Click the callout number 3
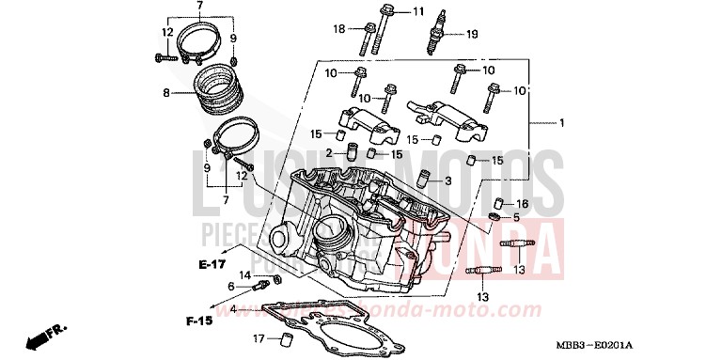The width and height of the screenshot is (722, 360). click(396, 181)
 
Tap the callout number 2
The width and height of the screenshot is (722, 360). click(331, 153)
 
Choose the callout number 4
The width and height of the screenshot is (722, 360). click(232, 308)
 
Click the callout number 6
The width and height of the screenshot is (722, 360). click(230, 286)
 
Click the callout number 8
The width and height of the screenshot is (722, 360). click(166, 94)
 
